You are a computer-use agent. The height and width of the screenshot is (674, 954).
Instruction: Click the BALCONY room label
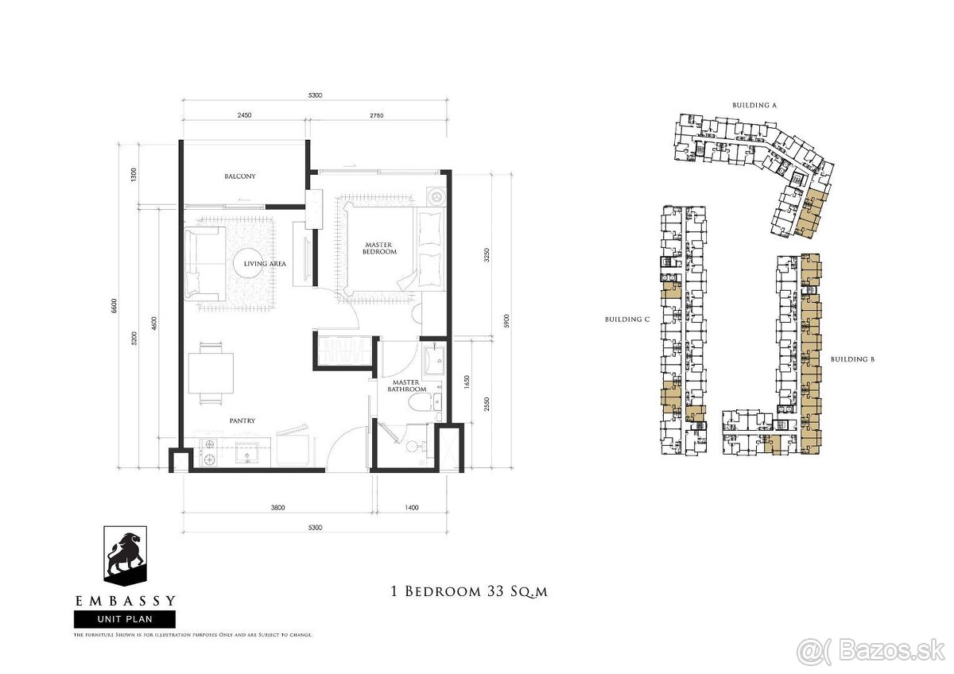click(239, 176)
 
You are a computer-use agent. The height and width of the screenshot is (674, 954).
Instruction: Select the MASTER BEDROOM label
click(381, 248)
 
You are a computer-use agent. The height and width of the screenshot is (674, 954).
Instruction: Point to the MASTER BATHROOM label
click(407, 385)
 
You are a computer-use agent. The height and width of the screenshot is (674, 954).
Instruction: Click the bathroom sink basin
click(434, 362)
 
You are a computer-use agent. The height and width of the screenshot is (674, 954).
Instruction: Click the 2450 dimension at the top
click(243, 115)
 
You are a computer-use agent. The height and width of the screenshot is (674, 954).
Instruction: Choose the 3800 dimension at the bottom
click(277, 506)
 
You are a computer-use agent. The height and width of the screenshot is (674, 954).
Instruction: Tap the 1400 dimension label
click(411, 506)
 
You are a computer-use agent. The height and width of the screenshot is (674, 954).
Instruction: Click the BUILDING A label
click(754, 105)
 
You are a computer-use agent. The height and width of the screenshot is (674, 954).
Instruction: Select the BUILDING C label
click(627, 320)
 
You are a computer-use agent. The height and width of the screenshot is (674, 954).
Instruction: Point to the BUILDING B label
click(852, 359)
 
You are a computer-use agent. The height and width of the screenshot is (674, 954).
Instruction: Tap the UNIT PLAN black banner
click(125, 618)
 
